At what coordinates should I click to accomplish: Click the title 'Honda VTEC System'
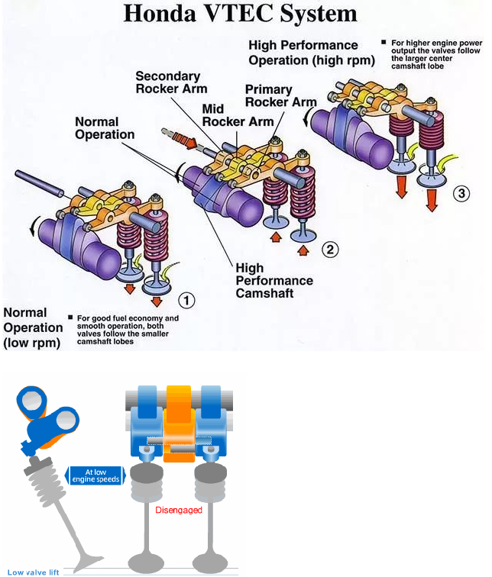tap(241, 13)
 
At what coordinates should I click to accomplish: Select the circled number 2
tap(330, 248)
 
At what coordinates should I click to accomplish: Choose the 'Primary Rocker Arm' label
tap(280, 95)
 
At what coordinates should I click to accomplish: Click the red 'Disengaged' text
tap(179, 509)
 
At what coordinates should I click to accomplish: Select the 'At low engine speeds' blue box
tap(96, 475)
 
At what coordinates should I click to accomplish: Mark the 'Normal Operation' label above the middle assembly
tap(105, 128)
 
